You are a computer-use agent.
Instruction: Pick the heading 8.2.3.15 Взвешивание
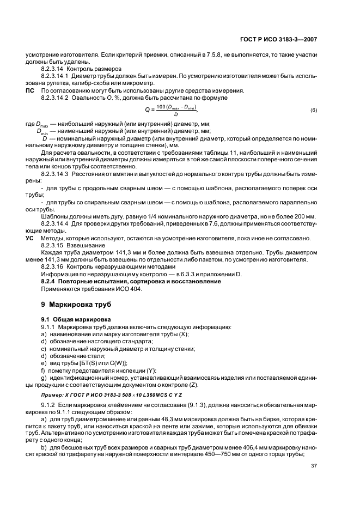(x=66, y=246)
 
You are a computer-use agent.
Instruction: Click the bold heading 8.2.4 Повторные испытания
(x=131, y=281)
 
